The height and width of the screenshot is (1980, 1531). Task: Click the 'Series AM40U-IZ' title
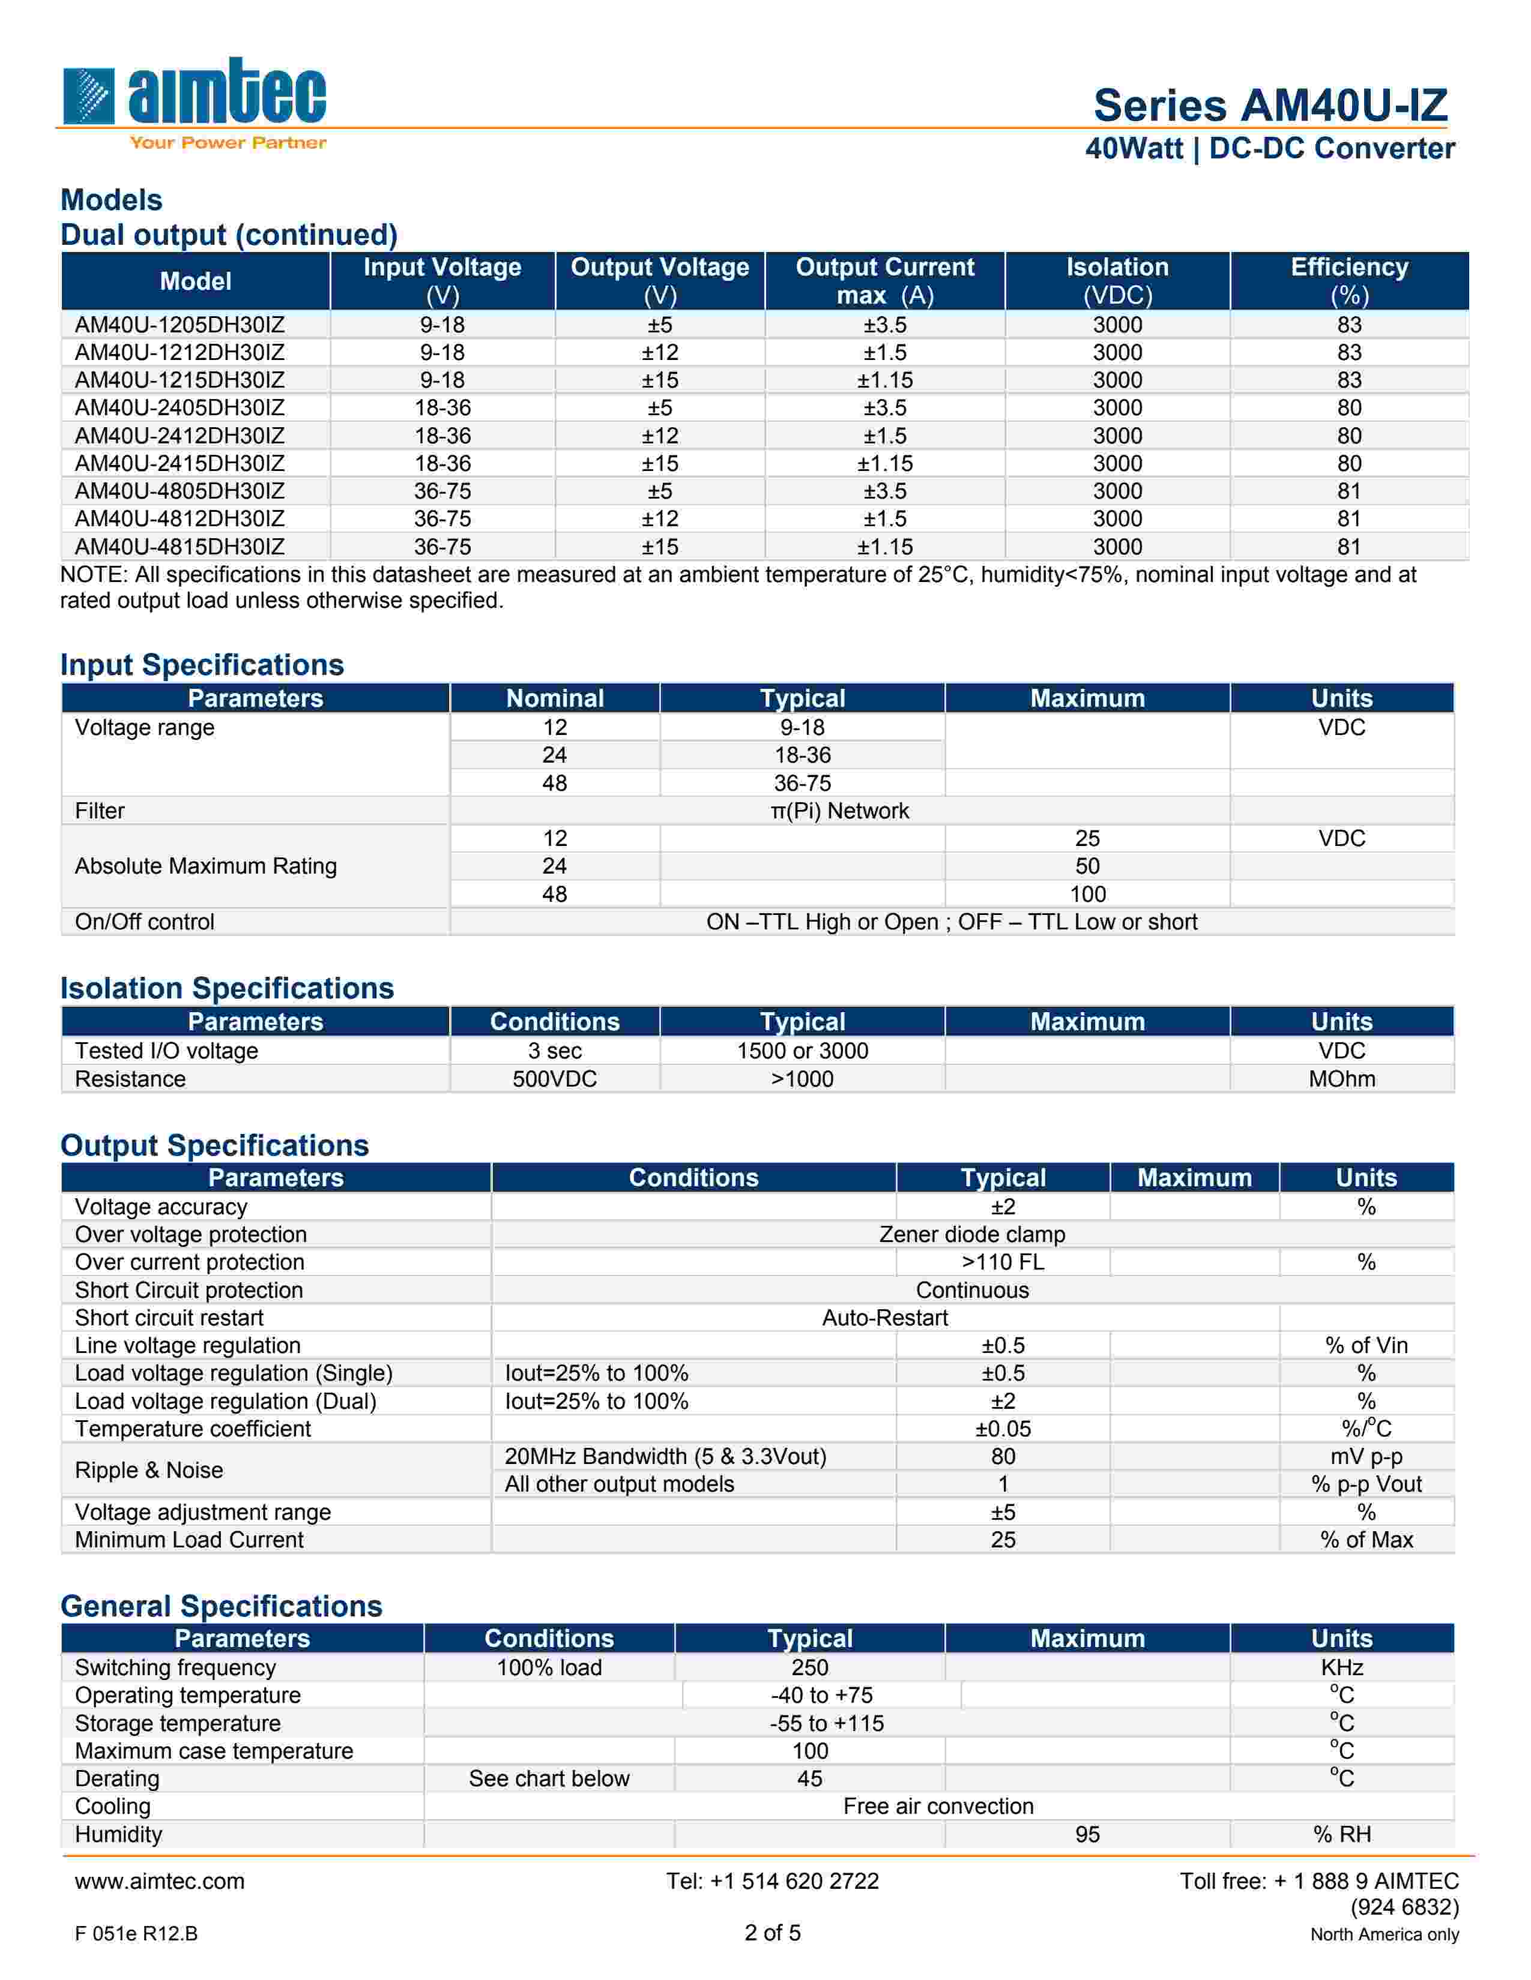(1270, 105)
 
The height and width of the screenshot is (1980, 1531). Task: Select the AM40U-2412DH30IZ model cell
(180, 436)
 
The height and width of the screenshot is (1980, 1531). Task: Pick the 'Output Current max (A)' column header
(884, 281)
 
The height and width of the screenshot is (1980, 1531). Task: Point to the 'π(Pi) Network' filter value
(839, 811)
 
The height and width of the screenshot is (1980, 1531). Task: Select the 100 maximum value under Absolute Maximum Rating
(1087, 894)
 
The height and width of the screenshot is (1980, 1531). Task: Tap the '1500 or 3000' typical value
(802, 1051)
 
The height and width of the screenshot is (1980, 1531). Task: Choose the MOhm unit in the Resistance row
(1341, 1079)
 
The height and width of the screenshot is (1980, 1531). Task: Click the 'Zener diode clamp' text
(972, 1234)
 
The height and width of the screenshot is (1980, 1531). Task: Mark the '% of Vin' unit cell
(1366, 1345)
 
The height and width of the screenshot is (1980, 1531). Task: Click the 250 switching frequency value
(809, 1667)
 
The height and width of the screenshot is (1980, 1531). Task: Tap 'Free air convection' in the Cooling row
(938, 1806)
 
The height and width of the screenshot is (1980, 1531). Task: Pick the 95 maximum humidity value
(1087, 1834)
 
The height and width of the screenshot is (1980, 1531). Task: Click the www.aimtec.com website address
(160, 1881)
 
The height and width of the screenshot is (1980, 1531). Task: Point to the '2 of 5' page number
(773, 1933)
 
